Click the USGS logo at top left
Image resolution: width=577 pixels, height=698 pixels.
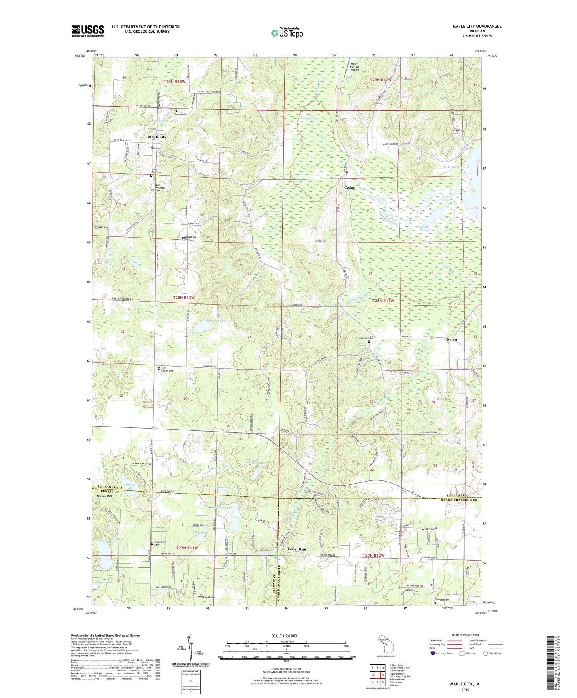[88, 31]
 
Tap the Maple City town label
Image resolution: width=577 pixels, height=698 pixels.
[157, 137]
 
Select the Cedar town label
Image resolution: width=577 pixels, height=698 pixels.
[349, 187]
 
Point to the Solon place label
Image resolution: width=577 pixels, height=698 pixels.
[452, 340]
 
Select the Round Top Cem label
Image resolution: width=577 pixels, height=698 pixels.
[191, 238]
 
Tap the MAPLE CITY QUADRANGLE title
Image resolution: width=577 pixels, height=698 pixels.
[477, 26]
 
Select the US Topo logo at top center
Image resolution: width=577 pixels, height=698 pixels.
[287, 33]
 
